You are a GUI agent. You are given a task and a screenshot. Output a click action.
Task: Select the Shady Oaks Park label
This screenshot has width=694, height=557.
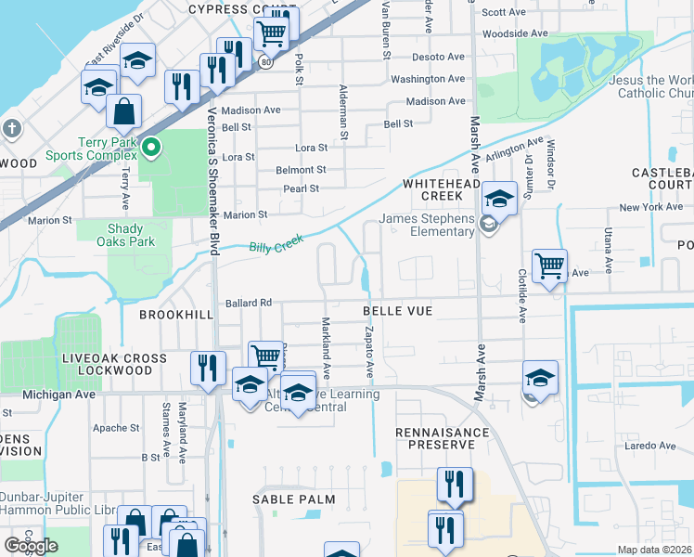click(125, 235)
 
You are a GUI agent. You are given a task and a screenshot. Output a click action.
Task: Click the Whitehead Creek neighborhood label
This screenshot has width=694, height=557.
click(446, 190)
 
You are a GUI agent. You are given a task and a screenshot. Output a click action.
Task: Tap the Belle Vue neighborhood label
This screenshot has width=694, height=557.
click(397, 311)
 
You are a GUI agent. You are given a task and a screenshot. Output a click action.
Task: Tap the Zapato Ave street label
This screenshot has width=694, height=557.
click(369, 352)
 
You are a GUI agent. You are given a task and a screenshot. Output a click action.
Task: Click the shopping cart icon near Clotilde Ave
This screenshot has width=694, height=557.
click(549, 266)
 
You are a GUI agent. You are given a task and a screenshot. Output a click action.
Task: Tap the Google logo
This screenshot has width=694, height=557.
click(31, 546)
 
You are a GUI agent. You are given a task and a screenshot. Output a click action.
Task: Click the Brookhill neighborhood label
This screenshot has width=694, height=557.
click(176, 315)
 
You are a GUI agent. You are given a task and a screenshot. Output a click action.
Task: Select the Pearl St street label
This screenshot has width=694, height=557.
click(302, 188)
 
